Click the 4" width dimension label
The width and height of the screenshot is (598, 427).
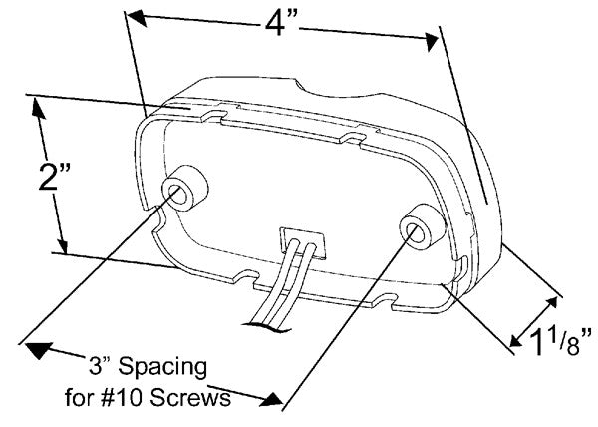280,24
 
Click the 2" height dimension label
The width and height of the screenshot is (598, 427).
54,177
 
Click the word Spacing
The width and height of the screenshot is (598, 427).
162,367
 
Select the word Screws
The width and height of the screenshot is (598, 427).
190,398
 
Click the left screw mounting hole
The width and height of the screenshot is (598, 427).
177,194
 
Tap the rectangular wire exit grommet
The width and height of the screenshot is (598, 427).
302,242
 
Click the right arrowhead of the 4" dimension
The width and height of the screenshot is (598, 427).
432,41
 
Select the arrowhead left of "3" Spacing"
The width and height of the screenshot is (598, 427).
38,350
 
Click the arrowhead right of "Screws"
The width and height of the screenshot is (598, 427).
272,399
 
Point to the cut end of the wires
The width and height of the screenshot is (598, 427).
267,326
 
